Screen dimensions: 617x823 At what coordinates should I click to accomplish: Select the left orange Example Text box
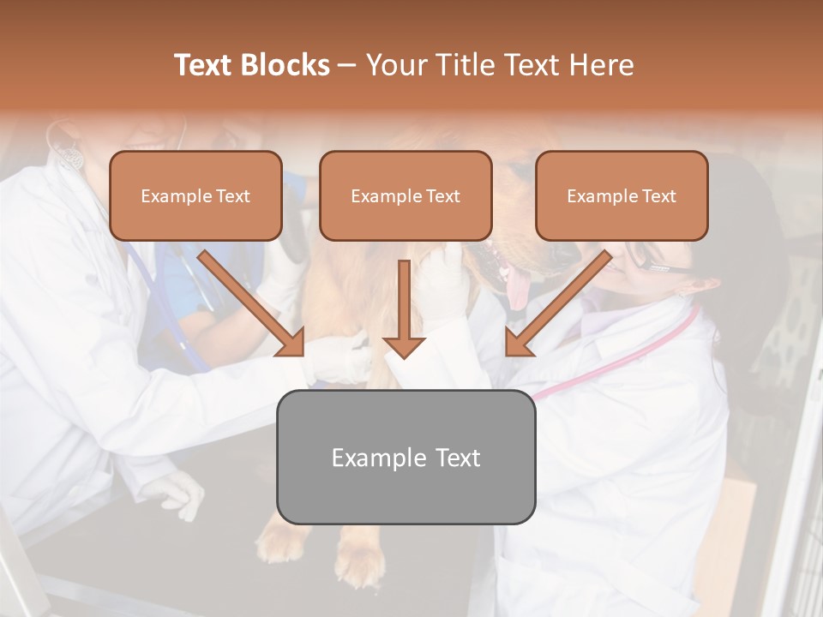(195, 195)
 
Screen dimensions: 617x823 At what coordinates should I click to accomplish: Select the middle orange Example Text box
(405, 195)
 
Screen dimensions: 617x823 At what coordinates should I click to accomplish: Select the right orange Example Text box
(622, 195)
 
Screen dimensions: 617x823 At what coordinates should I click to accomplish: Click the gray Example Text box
(405, 457)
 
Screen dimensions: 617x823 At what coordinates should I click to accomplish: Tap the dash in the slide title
(347, 65)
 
